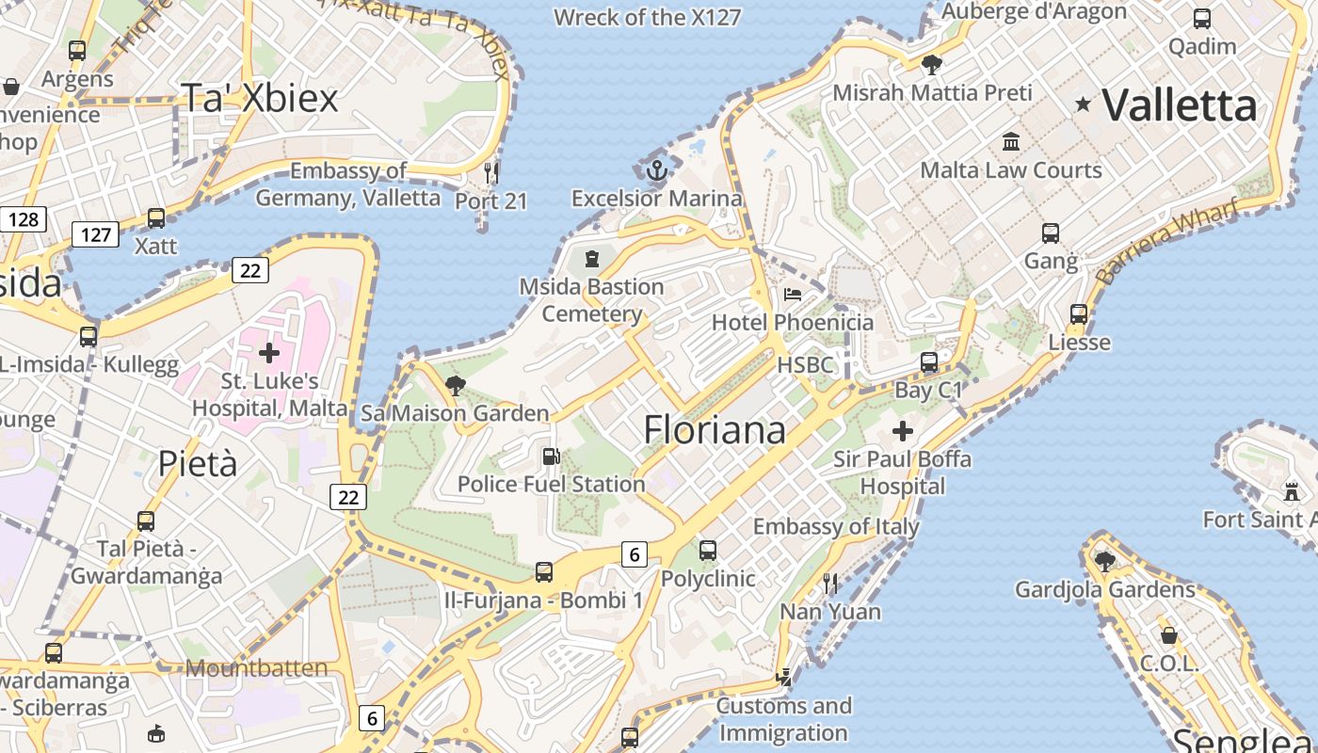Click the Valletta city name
(x=1180, y=105)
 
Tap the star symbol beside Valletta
(x=1084, y=104)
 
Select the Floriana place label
(x=715, y=429)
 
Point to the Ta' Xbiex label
(x=259, y=98)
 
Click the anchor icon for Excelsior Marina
(x=657, y=170)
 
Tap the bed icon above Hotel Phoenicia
(x=793, y=295)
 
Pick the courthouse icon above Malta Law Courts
(x=1011, y=141)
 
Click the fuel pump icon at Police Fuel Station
(x=551, y=457)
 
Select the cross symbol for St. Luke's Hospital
(x=269, y=353)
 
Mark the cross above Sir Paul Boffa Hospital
(x=903, y=431)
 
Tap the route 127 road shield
(x=96, y=234)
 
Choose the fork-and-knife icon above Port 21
(x=490, y=172)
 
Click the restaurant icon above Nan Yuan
(x=830, y=584)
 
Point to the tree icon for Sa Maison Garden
(x=456, y=385)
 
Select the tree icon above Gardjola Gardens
(x=1105, y=562)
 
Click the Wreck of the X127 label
(x=647, y=17)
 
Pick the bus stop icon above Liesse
(x=1079, y=314)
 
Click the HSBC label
(x=805, y=365)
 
